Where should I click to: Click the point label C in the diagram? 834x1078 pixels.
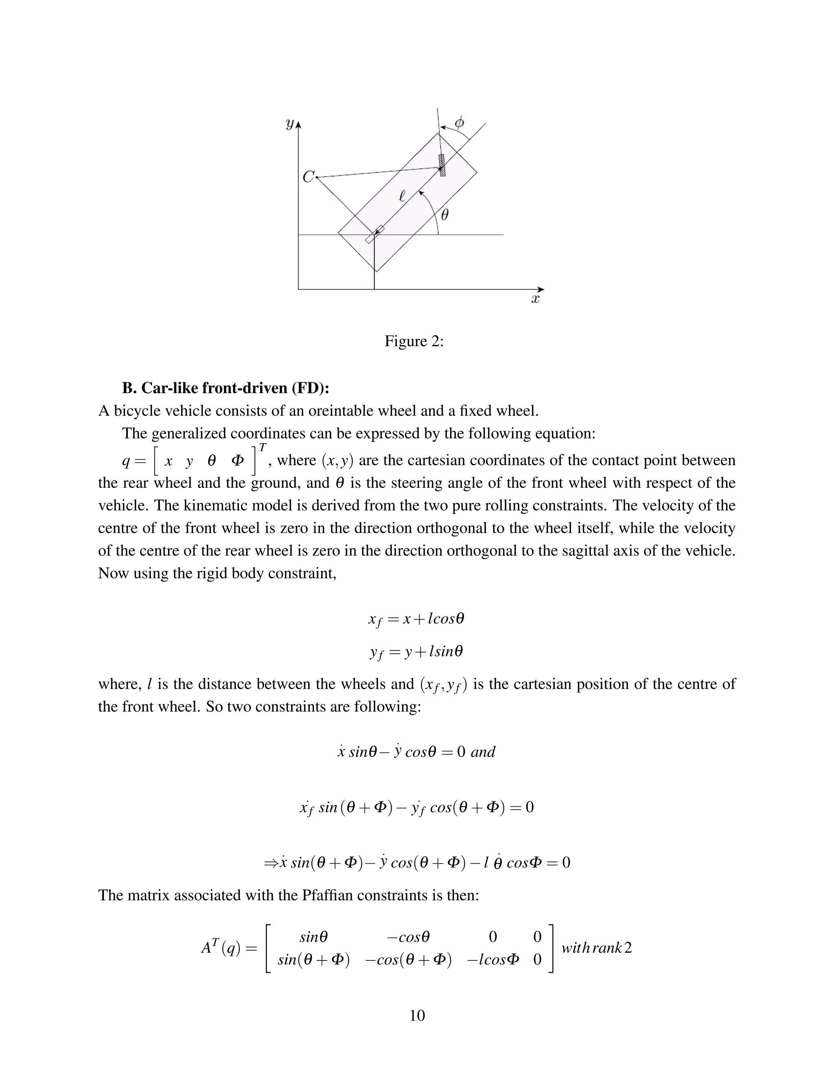308,177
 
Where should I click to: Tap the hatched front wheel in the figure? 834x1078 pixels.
442,165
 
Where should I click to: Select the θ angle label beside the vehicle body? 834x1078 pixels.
444,214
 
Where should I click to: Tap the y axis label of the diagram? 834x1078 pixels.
290,124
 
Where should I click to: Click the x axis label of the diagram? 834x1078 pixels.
535,299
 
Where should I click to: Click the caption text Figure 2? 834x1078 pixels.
414,341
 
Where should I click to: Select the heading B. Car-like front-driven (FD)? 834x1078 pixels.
226,388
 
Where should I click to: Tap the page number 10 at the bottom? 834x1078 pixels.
417,1015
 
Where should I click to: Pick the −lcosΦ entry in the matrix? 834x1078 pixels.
493,960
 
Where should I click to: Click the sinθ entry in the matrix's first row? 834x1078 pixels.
314,937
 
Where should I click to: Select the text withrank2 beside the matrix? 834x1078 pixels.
596,948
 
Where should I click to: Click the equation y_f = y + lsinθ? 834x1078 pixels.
417,652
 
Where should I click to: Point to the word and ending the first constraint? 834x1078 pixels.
483,752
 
